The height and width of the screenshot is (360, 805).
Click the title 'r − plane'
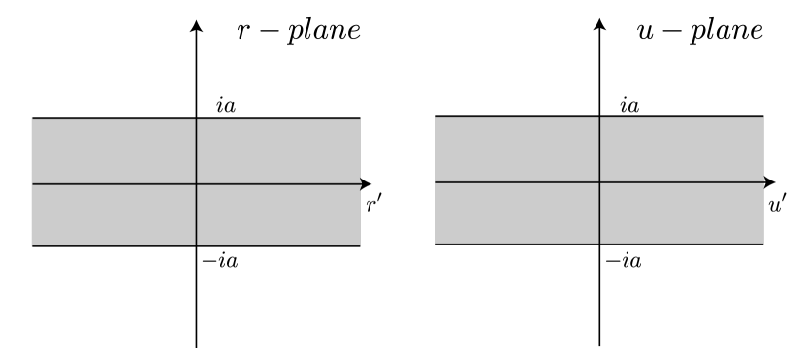tap(300, 30)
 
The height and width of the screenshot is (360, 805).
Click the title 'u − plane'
tap(705, 30)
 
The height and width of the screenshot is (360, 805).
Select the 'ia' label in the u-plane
tap(616, 106)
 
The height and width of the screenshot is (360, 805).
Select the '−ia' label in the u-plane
tap(621, 259)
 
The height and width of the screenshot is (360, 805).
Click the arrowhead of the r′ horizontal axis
tap(367, 183)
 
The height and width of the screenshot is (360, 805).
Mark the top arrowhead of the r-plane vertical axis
tap(197, 23)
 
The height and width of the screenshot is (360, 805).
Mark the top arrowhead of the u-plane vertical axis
tap(600, 23)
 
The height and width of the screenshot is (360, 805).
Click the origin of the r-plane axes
tap(197, 183)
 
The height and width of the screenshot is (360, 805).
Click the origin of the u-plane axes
tap(600, 181)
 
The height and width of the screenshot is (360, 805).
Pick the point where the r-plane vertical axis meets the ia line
tap(197, 118)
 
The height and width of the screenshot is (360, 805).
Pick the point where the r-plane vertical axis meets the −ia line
tap(197, 246)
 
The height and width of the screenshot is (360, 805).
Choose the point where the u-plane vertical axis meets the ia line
tap(600, 117)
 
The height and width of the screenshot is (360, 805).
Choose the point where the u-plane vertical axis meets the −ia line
tap(600, 245)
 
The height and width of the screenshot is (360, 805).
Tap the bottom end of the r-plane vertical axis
tap(197, 346)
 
